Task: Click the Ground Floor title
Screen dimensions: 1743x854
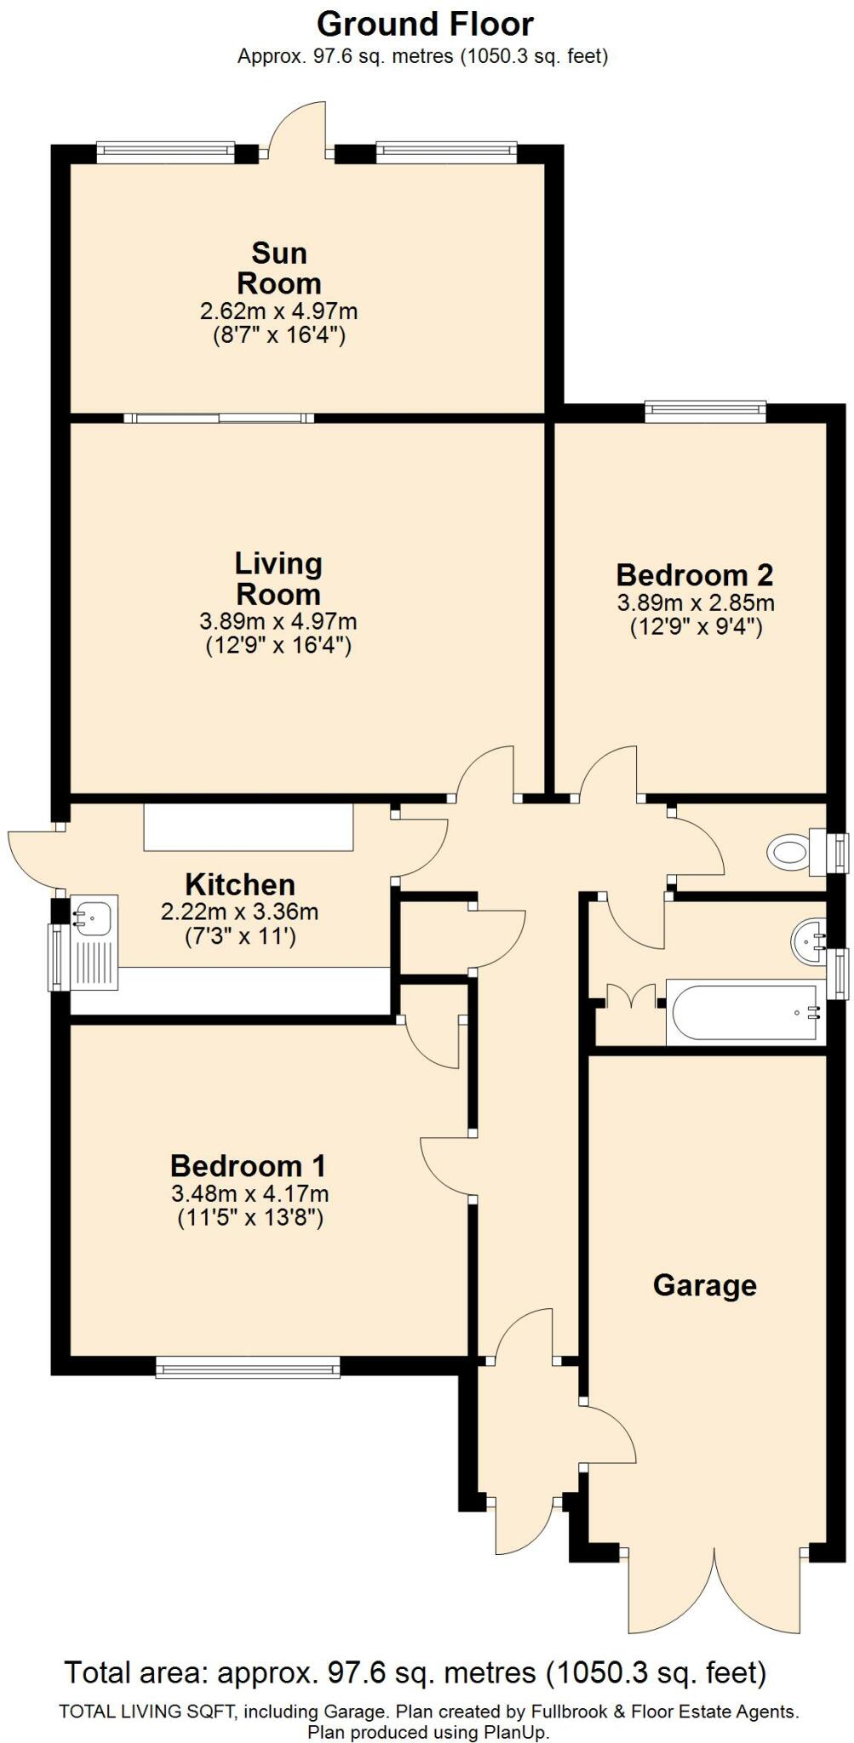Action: click(425, 25)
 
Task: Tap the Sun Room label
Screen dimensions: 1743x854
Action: click(278, 268)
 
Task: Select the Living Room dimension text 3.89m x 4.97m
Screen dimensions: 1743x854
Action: click(278, 622)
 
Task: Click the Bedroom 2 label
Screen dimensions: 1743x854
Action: click(694, 574)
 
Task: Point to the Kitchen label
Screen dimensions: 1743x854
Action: click(240, 884)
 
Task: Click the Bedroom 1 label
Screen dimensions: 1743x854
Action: click(249, 1165)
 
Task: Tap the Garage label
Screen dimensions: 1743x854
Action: click(704, 1284)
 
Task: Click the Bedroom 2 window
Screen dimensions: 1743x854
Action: click(705, 412)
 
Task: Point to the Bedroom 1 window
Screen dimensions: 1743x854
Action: click(248, 1368)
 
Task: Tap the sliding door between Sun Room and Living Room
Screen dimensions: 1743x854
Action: click(219, 418)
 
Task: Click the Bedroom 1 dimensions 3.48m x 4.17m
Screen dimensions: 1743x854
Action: click(249, 1194)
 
